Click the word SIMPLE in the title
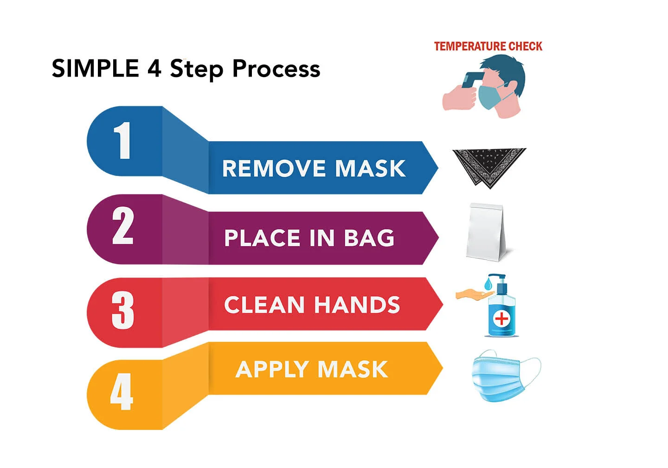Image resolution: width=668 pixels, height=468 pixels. pos(95,68)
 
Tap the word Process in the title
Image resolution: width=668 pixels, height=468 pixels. pos(276,69)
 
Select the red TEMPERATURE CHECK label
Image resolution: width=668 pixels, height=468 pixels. pos(488,46)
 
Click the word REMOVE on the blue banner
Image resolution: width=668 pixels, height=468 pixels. pos(274,169)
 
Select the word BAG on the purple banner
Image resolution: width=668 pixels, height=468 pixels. pos(369,238)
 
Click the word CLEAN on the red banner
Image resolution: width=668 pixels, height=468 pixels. pos(264,305)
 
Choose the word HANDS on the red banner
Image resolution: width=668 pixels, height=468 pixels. pos(357,305)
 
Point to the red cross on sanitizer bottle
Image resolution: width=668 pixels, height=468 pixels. pos(501,318)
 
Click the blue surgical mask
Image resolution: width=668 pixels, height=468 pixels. pos(499,376)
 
